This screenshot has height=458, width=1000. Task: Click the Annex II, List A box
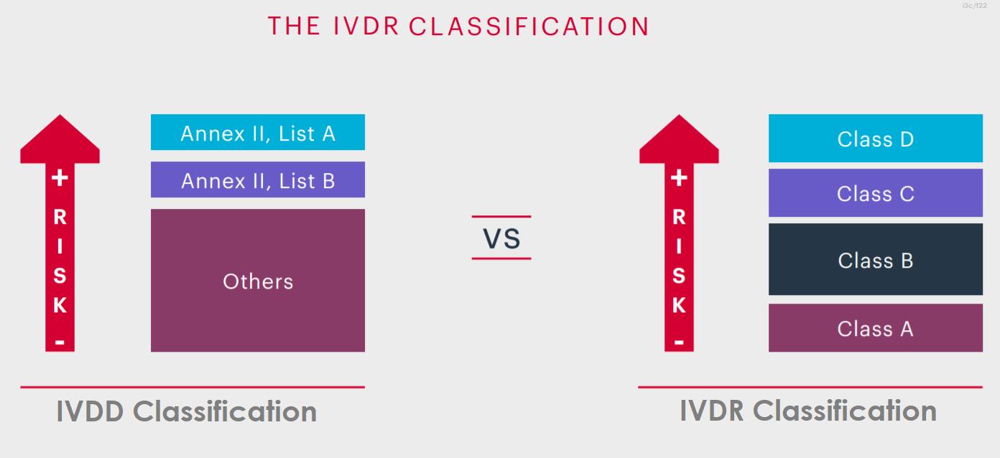(x=258, y=132)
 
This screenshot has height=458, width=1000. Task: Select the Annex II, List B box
(x=258, y=179)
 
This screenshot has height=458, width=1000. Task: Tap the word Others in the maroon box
(x=258, y=281)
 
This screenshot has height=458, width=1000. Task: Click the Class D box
(x=876, y=138)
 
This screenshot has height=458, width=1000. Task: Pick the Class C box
(x=876, y=192)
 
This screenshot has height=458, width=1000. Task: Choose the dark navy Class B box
(x=876, y=259)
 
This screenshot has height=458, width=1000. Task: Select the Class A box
(x=876, y=328)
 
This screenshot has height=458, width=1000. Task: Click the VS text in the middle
(x=501, y=238)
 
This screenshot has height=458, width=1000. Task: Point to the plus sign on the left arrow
(x=60, y=177)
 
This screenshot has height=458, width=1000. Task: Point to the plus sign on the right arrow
(x=679, y=177)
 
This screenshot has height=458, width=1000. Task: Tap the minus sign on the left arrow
(x=60, y=342)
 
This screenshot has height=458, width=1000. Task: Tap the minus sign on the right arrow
(x=679, y=342)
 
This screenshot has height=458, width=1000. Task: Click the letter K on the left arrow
(x=60, y=305)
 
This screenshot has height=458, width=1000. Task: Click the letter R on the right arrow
(x=679, y=218)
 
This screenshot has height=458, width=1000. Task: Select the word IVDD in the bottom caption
(x=90, y=411)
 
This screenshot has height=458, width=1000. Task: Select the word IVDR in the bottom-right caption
(x=712, y=411)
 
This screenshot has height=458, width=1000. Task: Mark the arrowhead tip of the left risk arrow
(x=60, y=115)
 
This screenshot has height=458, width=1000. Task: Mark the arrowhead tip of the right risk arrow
(x=679, y=115)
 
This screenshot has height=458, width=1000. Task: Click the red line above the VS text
(x=501, y=217)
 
